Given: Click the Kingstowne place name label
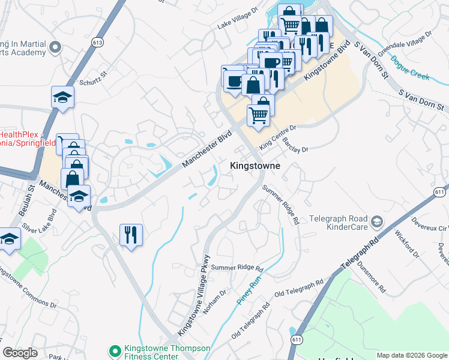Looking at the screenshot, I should click(256, 165).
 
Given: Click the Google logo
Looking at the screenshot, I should click(20, 353).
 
